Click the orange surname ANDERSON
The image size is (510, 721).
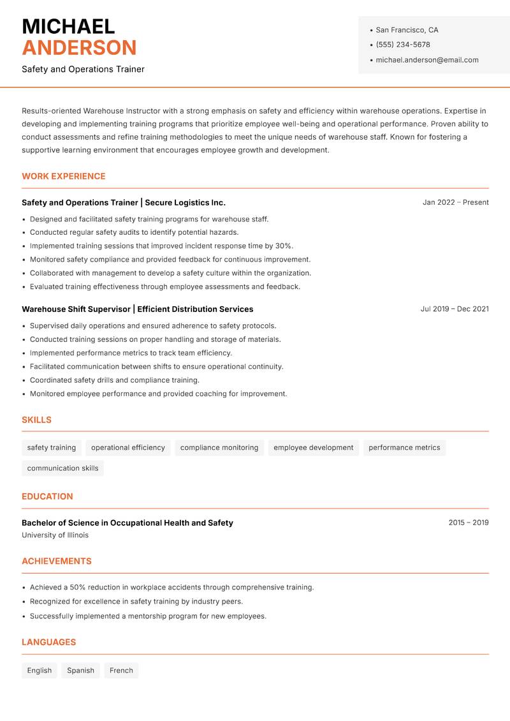pyautogui.click(x=79, y=48)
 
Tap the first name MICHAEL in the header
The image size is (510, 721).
pyautogui.click(x=68, y=26)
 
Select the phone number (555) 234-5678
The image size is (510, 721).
pyautogui.click(x=402, y=45)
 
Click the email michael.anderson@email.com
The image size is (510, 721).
pyautogui.click(x=426, y=60)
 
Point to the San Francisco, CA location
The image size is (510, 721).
pyautogui.click(x=407, y=30)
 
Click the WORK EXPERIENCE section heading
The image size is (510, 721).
pyautogui.click(x=64, y=176)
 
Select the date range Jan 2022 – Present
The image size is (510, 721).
pyautogui.click(x=455, y=202)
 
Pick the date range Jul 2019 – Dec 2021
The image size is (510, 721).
pyautogui.click(x=455, y=309)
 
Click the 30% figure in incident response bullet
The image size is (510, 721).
pyautogui.click(x=284, y=246)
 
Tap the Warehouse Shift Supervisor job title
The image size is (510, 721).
pyautogui.click(x=76, y=309)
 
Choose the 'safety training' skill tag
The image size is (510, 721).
pyautogui.click(x=52, y=447)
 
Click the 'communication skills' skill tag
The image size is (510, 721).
pyautogui.click(x=62, y=468)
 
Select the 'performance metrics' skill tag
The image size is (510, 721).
pyautogui.click(x=404, y=447)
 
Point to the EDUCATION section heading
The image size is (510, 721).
pyautogui.click(x=47, y=496)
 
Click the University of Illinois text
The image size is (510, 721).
pyautogui.click(x=55, y=535)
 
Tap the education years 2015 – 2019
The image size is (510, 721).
pyautogui.click(x=468, y=523)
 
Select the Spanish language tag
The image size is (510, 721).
pyautogui.click(x=80, y=671)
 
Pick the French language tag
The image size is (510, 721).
pyautogui.click(x=121, y=671)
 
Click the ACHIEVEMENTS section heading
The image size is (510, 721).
pyautogui.click(x=57, y=561)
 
